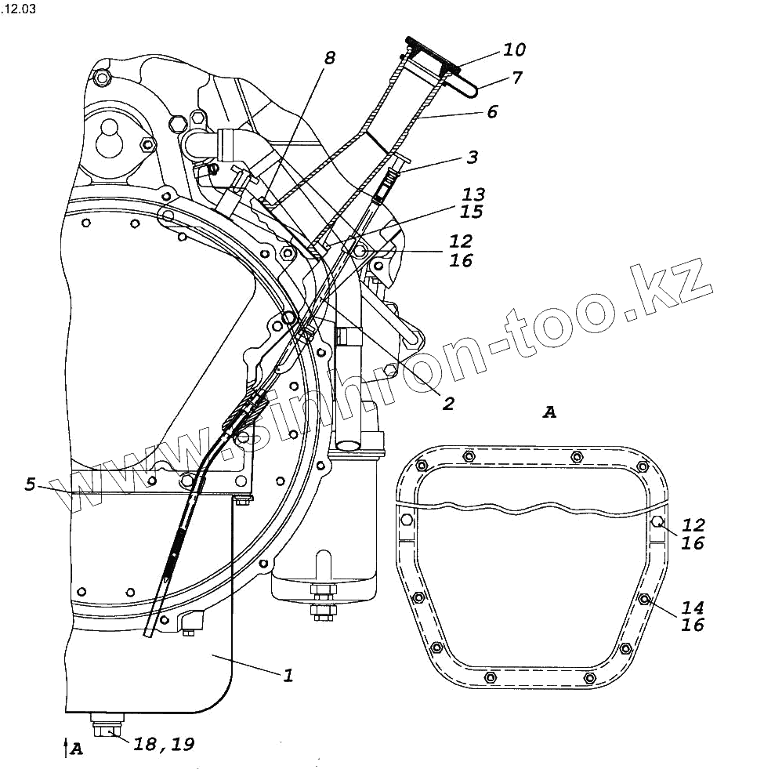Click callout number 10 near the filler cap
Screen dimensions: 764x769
point(514,50)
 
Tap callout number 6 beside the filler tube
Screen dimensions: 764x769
point(491,112)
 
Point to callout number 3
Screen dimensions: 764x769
point(472,158)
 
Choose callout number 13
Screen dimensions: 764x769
point(473,194)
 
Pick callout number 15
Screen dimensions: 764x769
point(473,212)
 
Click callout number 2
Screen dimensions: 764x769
point(448,404)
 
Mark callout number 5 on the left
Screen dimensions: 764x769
point(30,484)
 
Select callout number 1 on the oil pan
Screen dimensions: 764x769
point(288,674)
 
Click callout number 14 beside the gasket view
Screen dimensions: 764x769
point(693,607)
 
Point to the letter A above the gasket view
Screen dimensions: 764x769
point(549,412)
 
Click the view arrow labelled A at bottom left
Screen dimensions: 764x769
point(71,749)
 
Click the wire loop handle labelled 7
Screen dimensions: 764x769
point(467,89)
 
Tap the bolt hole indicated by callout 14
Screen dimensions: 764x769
point(643,600)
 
